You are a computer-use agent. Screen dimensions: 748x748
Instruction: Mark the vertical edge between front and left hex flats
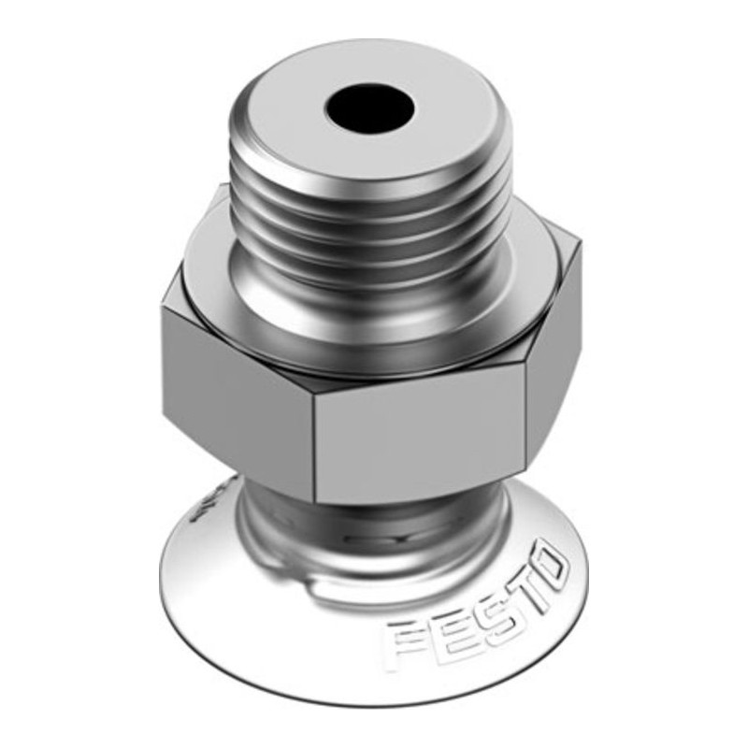coord(313,449)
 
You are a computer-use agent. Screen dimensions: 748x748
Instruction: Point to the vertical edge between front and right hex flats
coord(525,421)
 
